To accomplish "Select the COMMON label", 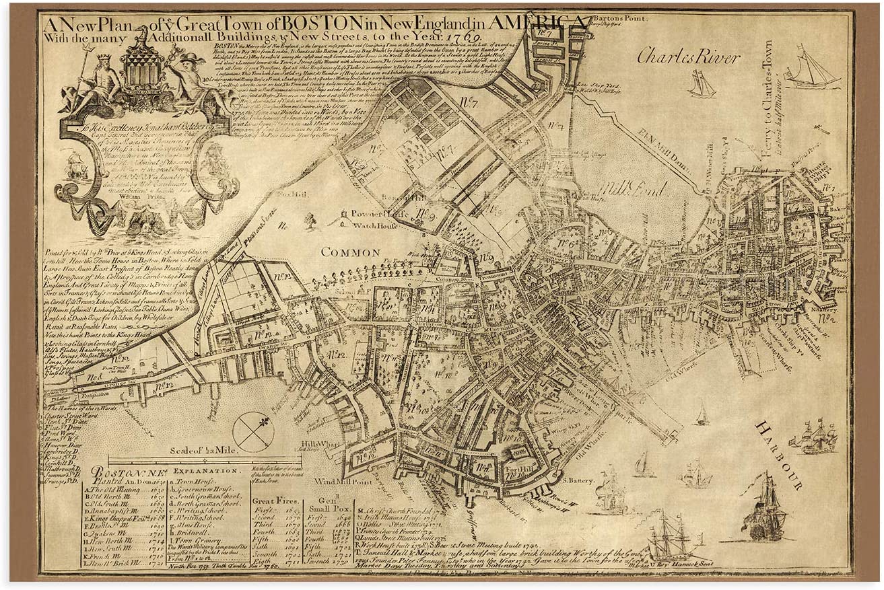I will [350, 252].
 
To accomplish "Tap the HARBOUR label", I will [780, 455].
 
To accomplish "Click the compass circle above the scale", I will [253, 431].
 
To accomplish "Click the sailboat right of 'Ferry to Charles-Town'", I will [813, 69].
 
